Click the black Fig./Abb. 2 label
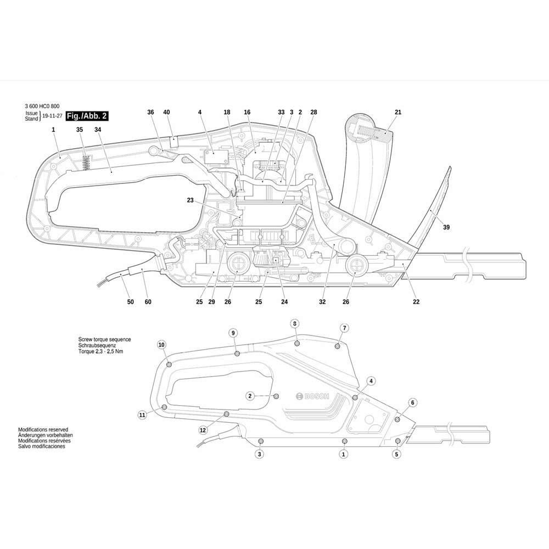click(x=87, y=116)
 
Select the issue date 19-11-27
click(x=52, y=116)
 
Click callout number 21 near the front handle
click(x=398, y=112)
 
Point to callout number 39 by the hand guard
click(x=446, y=227)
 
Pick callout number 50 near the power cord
click(x=130, y=302)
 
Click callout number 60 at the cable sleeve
click(x=148, y=302)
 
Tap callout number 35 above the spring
click(x=80, y=130)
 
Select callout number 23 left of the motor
click(x=191, y=200)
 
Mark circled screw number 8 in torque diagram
click(x=295, y=323)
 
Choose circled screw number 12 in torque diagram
click(x=203, y=429)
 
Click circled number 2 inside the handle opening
click(x=250, y=396)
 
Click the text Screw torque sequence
click(x=104, y=340)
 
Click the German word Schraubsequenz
click(x=96, y=345)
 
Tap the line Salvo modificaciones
click(x=42, y=446)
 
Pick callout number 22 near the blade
click(x=416, y=302)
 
